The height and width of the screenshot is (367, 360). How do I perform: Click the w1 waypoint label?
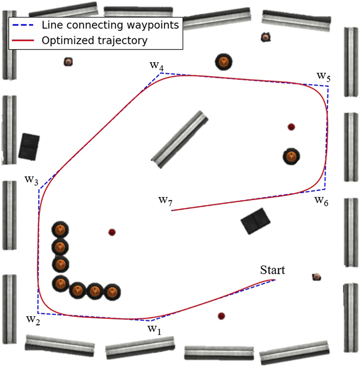pyautogui.click(x=154, y=329)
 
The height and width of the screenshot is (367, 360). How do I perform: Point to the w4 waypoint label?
pyautogui.click(x=156, y=65)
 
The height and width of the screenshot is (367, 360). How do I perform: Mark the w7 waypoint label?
pyautogui.click(x=165, y=200)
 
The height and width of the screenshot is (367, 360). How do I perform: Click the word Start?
pyautogui.click(x=273, y=270)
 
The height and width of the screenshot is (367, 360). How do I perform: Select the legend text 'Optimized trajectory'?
pyautogui.click(x=94, y=40)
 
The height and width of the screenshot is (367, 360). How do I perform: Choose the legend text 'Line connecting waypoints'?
pyautogui.click(x=110, y=25)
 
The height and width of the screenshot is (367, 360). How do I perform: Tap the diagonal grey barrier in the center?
pyautogui.click(x=180, y=140)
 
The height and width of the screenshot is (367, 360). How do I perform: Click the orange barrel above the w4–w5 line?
pyautogui.click(x=223, y=61)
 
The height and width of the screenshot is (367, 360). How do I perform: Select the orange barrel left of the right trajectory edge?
pyautogui.click(x=291, y=156)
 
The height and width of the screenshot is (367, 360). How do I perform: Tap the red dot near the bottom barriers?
pyautogui.click(x=221, y=316)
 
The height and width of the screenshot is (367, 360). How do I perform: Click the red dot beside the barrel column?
pyautogui.click(x=112, y=232)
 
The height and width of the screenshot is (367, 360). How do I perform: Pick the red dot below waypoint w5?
pyautogui.click(x=291, y=127)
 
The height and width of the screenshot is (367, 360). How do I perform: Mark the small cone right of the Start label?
pyautogui.click(x=317, y=277)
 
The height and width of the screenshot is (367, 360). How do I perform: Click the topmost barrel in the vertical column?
pyautogui.click(x=60, y=230)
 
